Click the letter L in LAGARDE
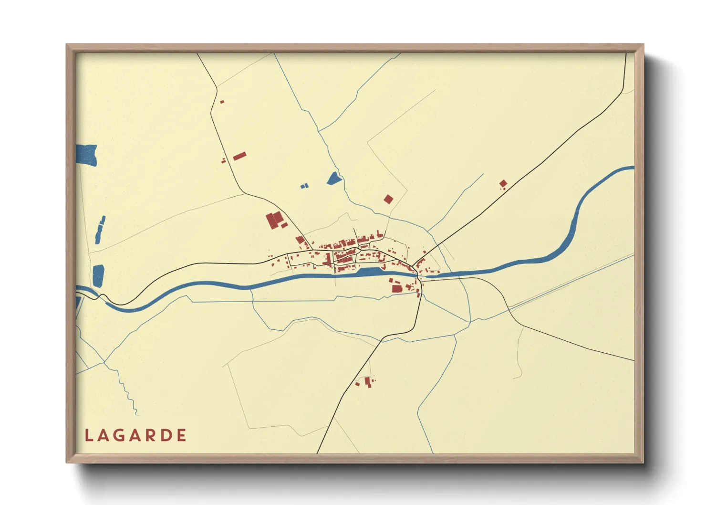point(88,435)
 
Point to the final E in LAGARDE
point(181,435)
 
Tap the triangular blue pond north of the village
point(334,179)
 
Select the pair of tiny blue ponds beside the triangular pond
point(304,186)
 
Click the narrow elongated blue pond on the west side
point(100,230)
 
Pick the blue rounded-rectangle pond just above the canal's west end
point(98,275)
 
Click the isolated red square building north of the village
point(388,199)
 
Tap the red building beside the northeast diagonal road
point(503,183)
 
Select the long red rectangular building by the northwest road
point(239,156)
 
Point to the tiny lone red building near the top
point(222,102)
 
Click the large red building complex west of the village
point(274,221)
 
